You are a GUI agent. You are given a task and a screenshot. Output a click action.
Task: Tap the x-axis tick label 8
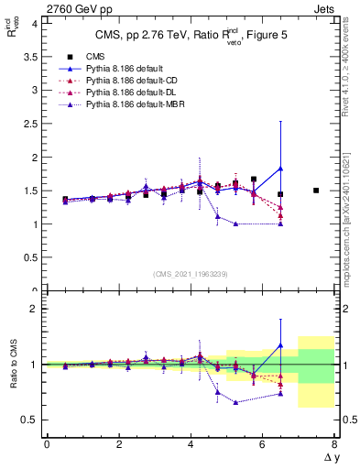tap(334, 443)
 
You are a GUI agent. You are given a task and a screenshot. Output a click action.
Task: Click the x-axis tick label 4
tap(191, 443)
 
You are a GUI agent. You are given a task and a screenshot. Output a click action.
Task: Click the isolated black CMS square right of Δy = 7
tap(316, 191)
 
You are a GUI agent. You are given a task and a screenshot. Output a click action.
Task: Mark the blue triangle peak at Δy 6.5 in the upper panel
tap(280, 169)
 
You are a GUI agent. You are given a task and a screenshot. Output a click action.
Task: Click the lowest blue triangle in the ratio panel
tap(236, 402)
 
